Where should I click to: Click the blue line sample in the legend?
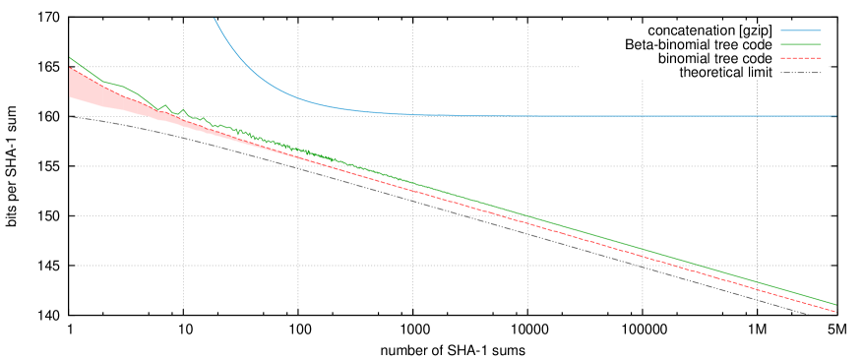pyautogui.click(x=800, y=30)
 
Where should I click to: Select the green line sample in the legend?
pyautogui.click(x=800, y=44)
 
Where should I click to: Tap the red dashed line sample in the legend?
pyautogui.click(x=800, y=58)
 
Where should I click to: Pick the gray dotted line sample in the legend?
pyautogui.click(x=800, y=72)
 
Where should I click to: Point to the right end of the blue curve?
pyautogui.click(x=835, y=116)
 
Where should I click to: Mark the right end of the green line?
pyautogui.click(x=835, y=305)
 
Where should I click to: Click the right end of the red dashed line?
pyautogui.click(x=835, y=312)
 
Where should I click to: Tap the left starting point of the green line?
pyautogui.click(x=70, y=58)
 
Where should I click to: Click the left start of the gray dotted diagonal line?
pyautogui.click(x=71, y=116)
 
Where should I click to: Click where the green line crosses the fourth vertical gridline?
pyautogui.click(x=527, y=216)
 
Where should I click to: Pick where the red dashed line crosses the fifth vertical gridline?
pyautogui.click(x=643, y=257)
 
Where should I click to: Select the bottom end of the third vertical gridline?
pyautogui.click(x=412, y=308)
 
